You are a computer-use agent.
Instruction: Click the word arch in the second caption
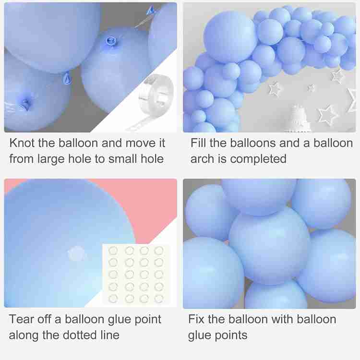click(x=203, y=159)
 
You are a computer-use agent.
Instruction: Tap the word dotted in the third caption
click(x=80, y=335)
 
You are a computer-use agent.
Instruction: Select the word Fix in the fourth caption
click(x=196, y=319)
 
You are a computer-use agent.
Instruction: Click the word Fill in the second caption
click(x=198, y=143)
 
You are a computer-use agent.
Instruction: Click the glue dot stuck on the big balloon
click(x=76, y=253)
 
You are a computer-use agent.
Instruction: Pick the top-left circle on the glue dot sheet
click(x=113, y=251)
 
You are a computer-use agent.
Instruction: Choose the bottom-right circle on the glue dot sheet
click(x=159, y=299)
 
